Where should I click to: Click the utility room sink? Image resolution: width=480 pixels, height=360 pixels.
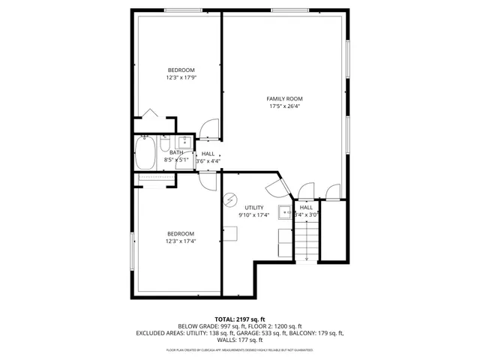coord(285,212)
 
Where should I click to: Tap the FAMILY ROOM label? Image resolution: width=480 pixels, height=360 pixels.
coord(285,98)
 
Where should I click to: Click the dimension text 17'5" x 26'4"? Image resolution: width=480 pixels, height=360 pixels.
coord(285,106)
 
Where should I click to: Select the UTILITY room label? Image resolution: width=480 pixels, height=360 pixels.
coord(254,207)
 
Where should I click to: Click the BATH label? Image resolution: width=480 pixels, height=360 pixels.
coord(175,153)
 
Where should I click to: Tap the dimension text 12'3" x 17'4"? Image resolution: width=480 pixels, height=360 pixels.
coord(180,241)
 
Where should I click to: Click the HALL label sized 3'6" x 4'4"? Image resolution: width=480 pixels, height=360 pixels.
coord(208,153)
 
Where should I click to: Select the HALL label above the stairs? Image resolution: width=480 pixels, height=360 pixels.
coord(306,207)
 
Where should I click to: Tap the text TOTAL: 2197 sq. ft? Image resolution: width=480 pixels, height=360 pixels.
coord(239,319)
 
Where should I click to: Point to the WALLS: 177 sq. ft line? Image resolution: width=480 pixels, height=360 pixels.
coord(239,340)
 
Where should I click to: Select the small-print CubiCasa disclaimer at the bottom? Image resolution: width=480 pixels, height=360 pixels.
coord(239,350)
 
